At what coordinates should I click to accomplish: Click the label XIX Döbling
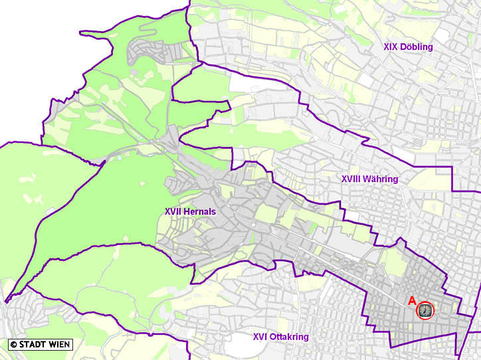click(408, 46)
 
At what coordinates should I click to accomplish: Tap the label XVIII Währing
click(369, 179)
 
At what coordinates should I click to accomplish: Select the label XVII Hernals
click(190, 212)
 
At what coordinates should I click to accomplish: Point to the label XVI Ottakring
click(280, 337)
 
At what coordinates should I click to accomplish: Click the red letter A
click(412, 301)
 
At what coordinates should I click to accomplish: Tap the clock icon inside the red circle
click(425, 310)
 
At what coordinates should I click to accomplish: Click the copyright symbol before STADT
click(13, 345)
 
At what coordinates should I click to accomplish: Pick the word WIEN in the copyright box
click(59, 345)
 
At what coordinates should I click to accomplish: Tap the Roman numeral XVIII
click(350, 179)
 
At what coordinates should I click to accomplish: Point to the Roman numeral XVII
click(173, 212)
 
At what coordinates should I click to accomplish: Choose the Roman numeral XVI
click(260, 337)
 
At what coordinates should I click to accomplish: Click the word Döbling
click(417, 46)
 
